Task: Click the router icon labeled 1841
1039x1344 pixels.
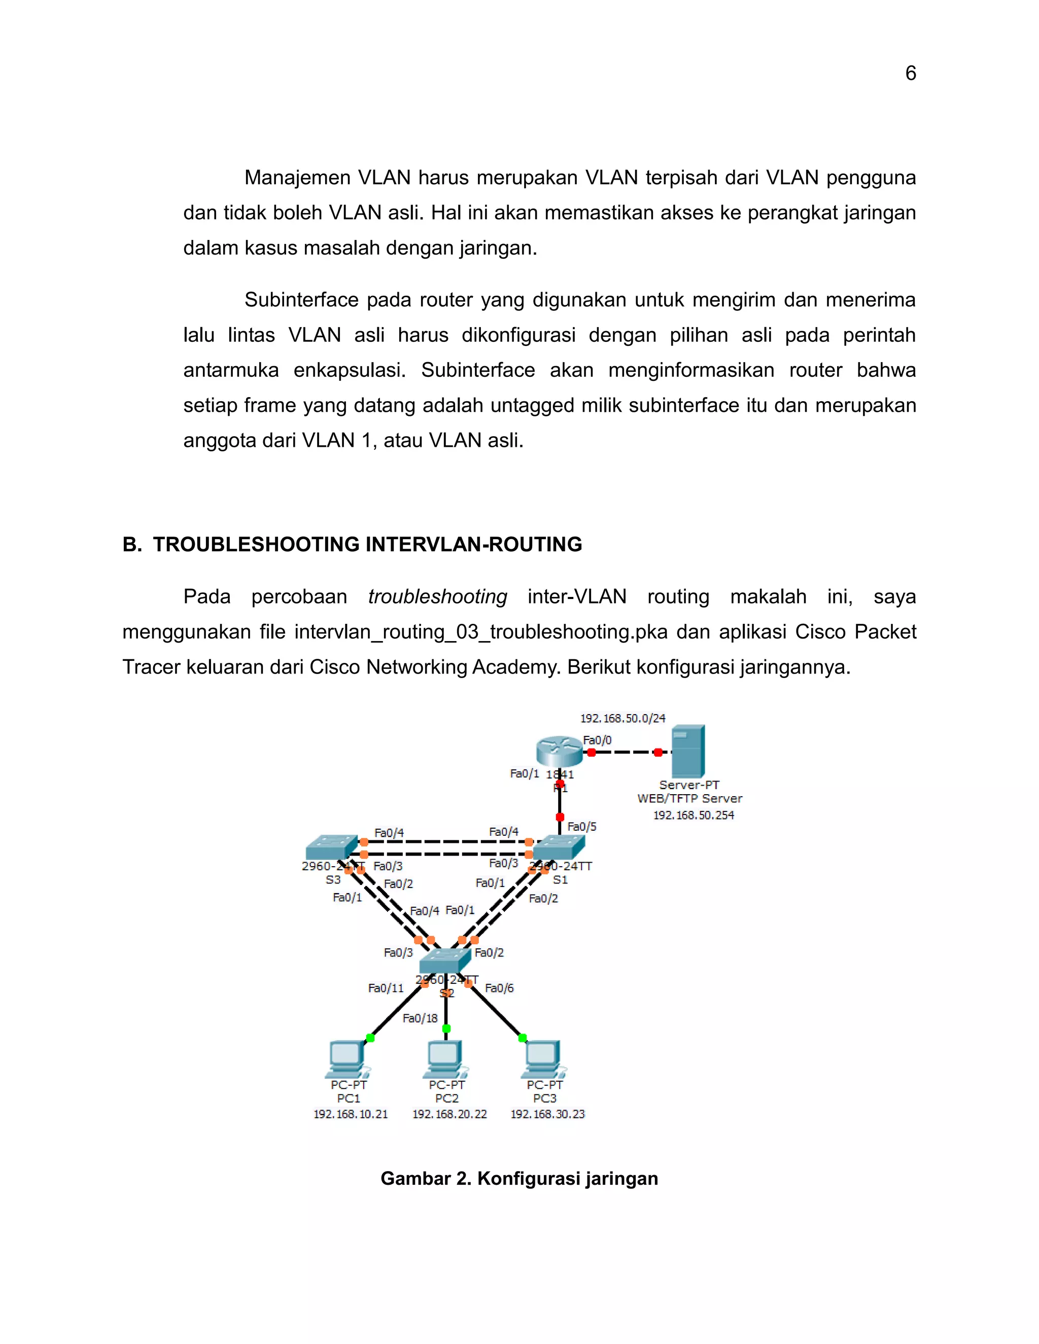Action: pos(558,752)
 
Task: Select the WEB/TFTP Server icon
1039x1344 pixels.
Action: pos(687,752)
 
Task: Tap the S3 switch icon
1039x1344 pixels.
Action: pos(331,847)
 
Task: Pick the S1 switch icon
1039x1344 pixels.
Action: pos(558,848)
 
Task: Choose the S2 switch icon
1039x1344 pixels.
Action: pos(445,961)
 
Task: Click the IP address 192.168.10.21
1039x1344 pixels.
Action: pos(351,1114)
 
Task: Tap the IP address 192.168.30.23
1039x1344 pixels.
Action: pos(547,1114)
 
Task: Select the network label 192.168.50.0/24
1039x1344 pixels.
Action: pos(623,718)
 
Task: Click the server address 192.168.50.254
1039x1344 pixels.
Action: pos(694,816)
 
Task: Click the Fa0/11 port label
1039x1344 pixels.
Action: pos(386,988)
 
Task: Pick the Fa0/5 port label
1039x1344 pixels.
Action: pos(582,827)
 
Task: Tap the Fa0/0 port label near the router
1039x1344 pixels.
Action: pos(597,740)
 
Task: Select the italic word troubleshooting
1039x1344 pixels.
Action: pos(438,597)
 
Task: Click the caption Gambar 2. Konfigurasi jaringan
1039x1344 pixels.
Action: pos(519,1179)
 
